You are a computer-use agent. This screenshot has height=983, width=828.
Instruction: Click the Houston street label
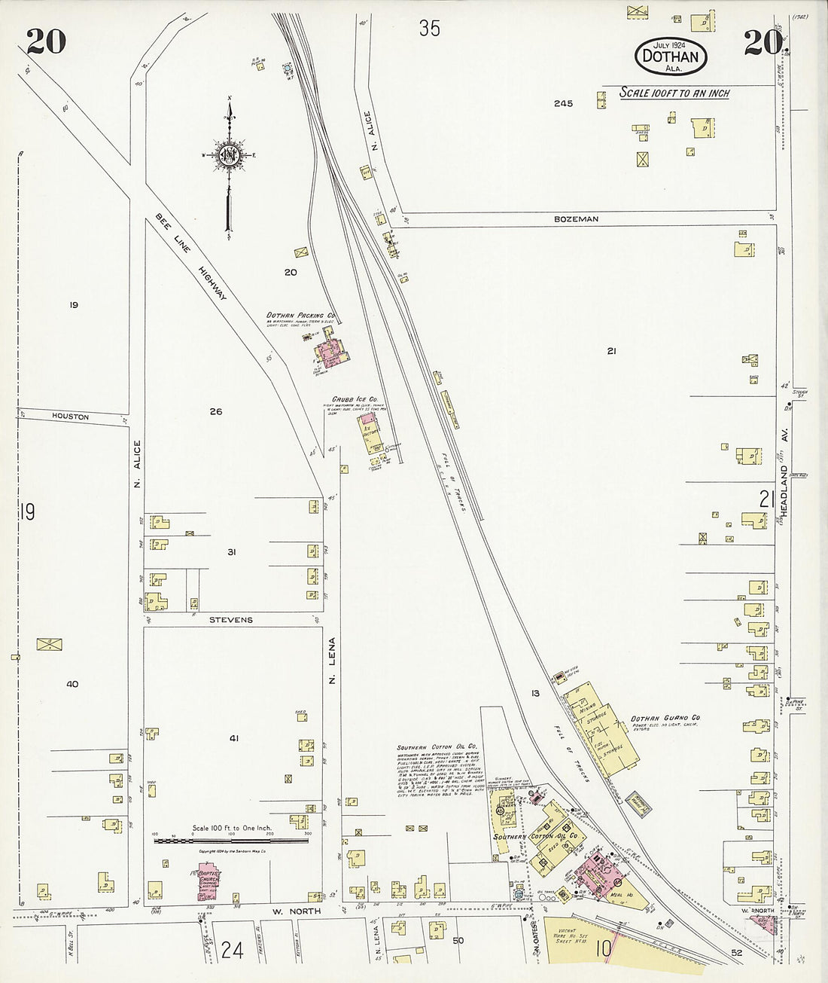(71, 417)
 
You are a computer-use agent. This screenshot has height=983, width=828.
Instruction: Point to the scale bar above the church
(230, 841)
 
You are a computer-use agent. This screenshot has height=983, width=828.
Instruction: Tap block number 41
(234, 738)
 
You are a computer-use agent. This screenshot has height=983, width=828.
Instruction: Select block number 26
(216, 411)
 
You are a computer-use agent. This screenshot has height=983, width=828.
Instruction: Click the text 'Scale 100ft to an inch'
(674, 93)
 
